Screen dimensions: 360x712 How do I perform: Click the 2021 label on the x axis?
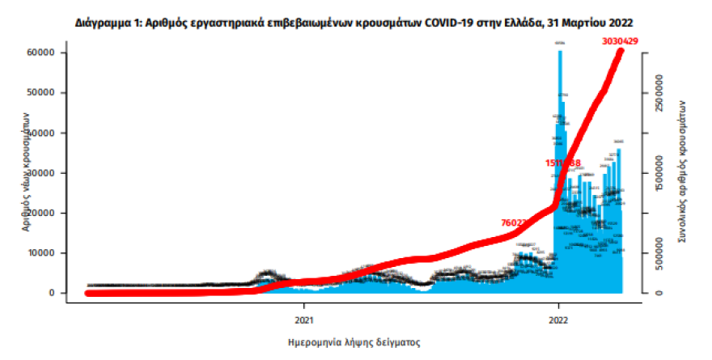pos(303,307)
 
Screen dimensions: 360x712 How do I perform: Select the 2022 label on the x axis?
pos(557,307)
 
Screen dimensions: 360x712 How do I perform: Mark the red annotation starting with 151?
pos(563,163)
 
